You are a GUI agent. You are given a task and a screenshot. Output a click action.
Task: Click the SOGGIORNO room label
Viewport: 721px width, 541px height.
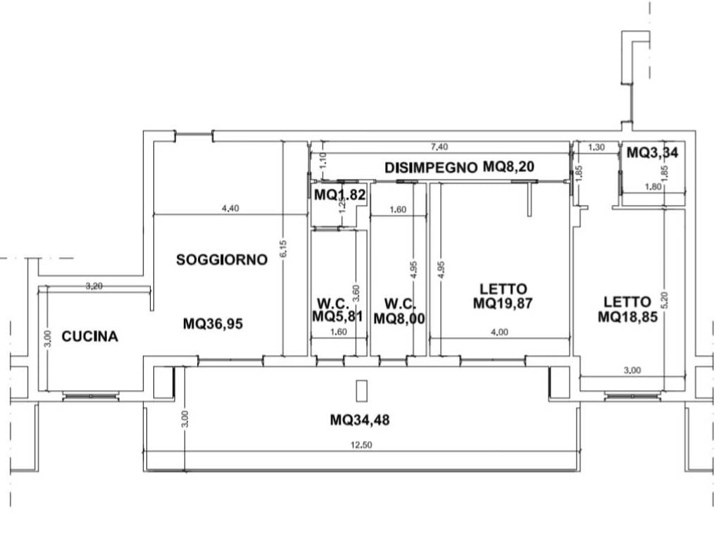(222, 260)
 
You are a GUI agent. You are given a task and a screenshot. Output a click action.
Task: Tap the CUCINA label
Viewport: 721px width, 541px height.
(89, 337)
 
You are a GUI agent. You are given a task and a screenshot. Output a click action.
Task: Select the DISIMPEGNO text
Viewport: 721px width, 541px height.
(432, 168)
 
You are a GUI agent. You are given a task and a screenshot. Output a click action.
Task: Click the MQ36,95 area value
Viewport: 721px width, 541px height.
(213, 324)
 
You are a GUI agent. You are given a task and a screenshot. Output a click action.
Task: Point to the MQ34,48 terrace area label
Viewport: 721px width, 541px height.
(360, 420)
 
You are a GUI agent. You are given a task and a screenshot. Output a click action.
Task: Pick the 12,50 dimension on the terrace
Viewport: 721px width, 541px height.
(361, 445)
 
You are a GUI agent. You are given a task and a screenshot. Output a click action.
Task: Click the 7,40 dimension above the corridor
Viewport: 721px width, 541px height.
(439, 147)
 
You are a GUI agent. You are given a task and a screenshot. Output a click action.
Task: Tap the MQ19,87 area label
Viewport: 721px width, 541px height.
(503, 304)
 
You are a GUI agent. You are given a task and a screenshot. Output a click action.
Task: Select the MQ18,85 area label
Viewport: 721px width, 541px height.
(627, 317)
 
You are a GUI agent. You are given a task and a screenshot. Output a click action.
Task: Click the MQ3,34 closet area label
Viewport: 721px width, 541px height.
(652, 152)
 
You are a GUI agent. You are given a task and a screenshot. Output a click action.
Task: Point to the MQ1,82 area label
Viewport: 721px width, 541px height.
(340, 195)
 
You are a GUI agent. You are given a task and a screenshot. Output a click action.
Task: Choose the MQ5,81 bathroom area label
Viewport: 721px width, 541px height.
(337, 316)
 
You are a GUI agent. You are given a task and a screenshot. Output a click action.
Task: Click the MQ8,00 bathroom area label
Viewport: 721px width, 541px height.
(399, 318)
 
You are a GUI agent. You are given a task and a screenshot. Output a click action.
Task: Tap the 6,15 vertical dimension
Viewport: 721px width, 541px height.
(283, 249)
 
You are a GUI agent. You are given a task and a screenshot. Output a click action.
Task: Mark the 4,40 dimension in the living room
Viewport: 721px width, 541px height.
(230, 209)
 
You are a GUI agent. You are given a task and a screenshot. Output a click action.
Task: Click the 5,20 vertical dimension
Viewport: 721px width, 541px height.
(665, 300)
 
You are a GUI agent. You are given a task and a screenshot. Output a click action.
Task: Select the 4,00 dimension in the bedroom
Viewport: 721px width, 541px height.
(500, 332)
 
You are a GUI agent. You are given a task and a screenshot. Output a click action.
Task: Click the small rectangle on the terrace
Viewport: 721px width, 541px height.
(363, 391)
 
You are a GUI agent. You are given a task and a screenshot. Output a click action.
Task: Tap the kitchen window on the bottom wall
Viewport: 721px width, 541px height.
(91, 396)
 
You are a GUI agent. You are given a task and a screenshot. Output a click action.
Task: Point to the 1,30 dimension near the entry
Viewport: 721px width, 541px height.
(596, 147)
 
